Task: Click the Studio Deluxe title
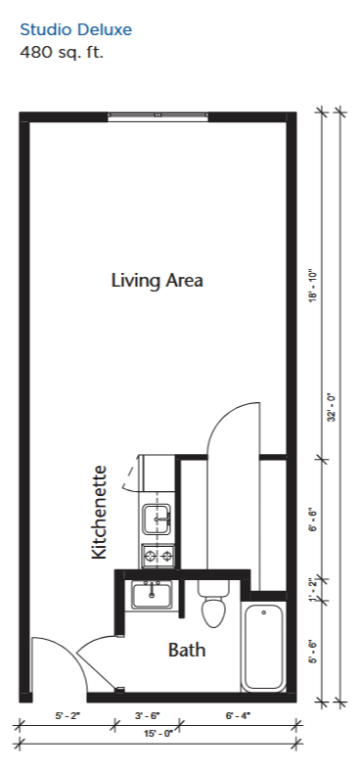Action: [76, 30]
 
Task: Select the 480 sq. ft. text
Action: [62, 52]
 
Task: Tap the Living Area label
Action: [157, 281]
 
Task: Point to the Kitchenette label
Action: [99, 512]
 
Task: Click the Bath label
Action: [187, 651]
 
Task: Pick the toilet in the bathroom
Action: [213, 604]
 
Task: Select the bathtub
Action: [264, 647]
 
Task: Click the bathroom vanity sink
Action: [152, 595]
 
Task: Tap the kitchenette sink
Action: [157, 519]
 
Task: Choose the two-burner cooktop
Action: [158, 556]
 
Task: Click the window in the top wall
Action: [157, 116]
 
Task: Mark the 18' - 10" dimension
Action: [314, 287]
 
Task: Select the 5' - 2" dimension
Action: [67, 716]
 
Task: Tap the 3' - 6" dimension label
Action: [147, 716]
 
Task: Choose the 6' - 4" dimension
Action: [238, 716]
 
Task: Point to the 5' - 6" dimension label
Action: [314, 653]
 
